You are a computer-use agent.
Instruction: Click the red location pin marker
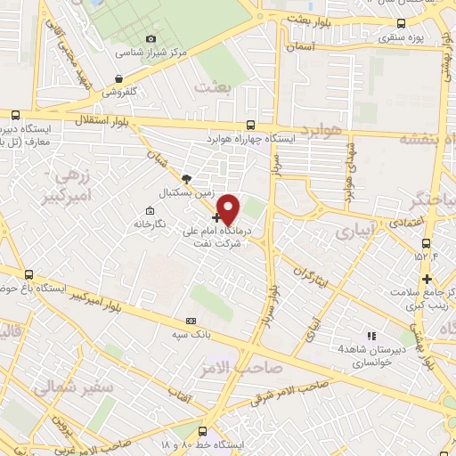pos(230,208)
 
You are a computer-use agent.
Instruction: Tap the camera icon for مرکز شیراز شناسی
pos(151,38)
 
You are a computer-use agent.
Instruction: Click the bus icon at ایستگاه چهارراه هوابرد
pos(251,126)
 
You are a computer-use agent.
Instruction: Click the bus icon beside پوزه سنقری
pos(401,23)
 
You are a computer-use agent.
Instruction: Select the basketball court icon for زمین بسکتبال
pos(185,178)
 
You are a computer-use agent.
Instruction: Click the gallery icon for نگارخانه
pos(150,211)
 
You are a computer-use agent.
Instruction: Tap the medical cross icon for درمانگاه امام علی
pos(216,216)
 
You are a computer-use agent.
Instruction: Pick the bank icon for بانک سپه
pos(191,321)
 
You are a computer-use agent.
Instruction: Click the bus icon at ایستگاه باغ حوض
pos(29,274)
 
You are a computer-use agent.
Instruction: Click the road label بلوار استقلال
pos(97,119)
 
